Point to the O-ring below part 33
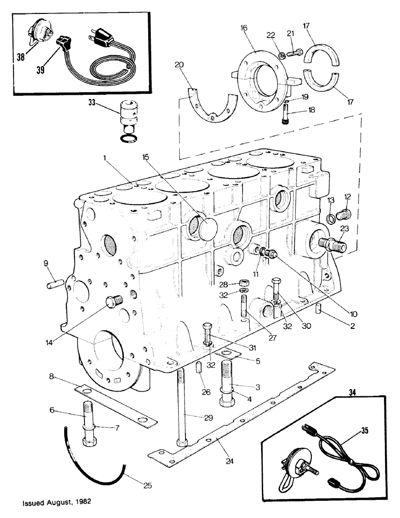pos(127,138)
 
